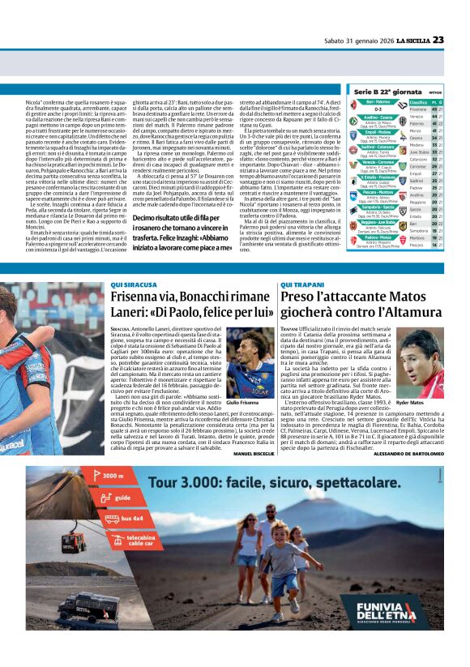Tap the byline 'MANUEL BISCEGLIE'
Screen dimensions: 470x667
pyautogui.click(x=254, y=453)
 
